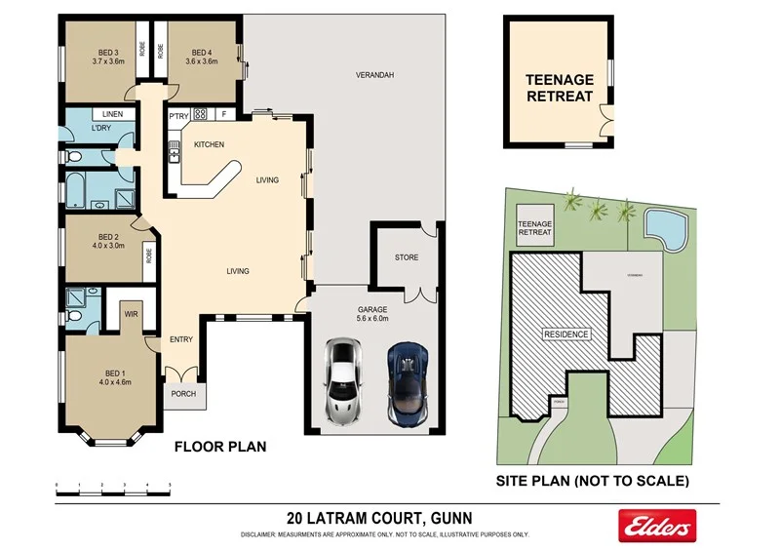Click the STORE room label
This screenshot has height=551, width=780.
pos(406,258)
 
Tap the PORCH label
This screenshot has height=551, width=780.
pos(183,394)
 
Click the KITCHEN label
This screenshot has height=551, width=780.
pos(209,145)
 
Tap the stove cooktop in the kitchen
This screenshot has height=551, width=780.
pos(201,114)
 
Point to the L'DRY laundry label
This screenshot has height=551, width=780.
pos(100,130)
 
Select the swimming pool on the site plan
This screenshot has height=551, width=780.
pos(665,228)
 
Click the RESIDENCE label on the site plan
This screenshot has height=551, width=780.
pos(566,335)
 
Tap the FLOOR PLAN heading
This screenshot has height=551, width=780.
pos(219,448)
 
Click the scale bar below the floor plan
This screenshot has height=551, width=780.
pos(112,485)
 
